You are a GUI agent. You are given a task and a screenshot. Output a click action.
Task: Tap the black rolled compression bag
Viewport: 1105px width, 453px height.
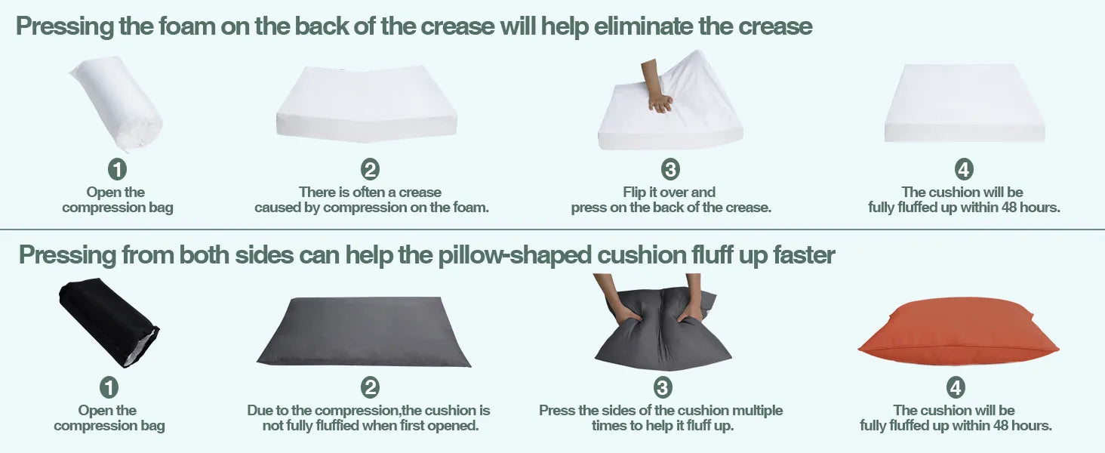click(109, 322)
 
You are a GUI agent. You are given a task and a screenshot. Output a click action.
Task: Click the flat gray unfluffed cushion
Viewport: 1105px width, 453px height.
click(364, 331)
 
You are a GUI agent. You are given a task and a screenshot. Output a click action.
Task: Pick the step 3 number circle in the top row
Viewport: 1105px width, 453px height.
click(670, 169)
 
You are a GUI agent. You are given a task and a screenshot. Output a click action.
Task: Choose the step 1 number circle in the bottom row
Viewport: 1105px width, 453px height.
click(109, 387)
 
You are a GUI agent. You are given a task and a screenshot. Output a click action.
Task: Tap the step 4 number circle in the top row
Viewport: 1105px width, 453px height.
click(963, 169)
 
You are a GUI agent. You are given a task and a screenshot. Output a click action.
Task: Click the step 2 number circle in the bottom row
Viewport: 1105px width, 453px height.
click(370, 387)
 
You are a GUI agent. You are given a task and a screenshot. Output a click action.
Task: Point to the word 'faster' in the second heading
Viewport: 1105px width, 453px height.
click(804, 255)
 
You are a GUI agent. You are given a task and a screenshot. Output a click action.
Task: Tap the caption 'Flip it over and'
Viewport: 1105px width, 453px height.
click(669, 192)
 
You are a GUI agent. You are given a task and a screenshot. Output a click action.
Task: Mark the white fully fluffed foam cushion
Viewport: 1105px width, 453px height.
click(965, 103)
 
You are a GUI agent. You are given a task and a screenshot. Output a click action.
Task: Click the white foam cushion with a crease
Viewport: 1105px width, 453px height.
click(367, 103)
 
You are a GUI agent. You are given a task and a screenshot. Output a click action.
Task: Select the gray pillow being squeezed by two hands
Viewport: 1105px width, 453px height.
click(663, 330)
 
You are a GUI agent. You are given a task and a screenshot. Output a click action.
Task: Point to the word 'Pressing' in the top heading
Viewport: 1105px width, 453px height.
click(65, 26)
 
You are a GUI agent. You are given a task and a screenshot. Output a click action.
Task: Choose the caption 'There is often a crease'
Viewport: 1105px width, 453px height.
click(370, 192)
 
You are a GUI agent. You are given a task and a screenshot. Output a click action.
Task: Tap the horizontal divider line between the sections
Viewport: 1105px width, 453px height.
click(552, 230)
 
